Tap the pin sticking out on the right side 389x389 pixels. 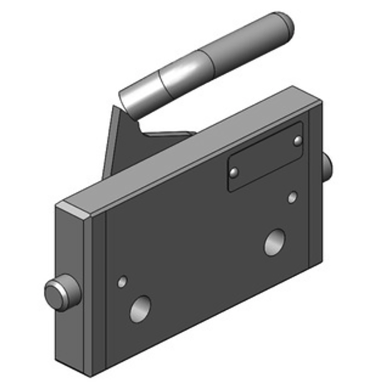[327, 165]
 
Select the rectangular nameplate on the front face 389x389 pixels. [265, 157]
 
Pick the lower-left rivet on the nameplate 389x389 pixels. [234, 172]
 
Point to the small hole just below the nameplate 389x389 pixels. [292, 197]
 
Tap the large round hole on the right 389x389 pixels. [274, 242]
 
